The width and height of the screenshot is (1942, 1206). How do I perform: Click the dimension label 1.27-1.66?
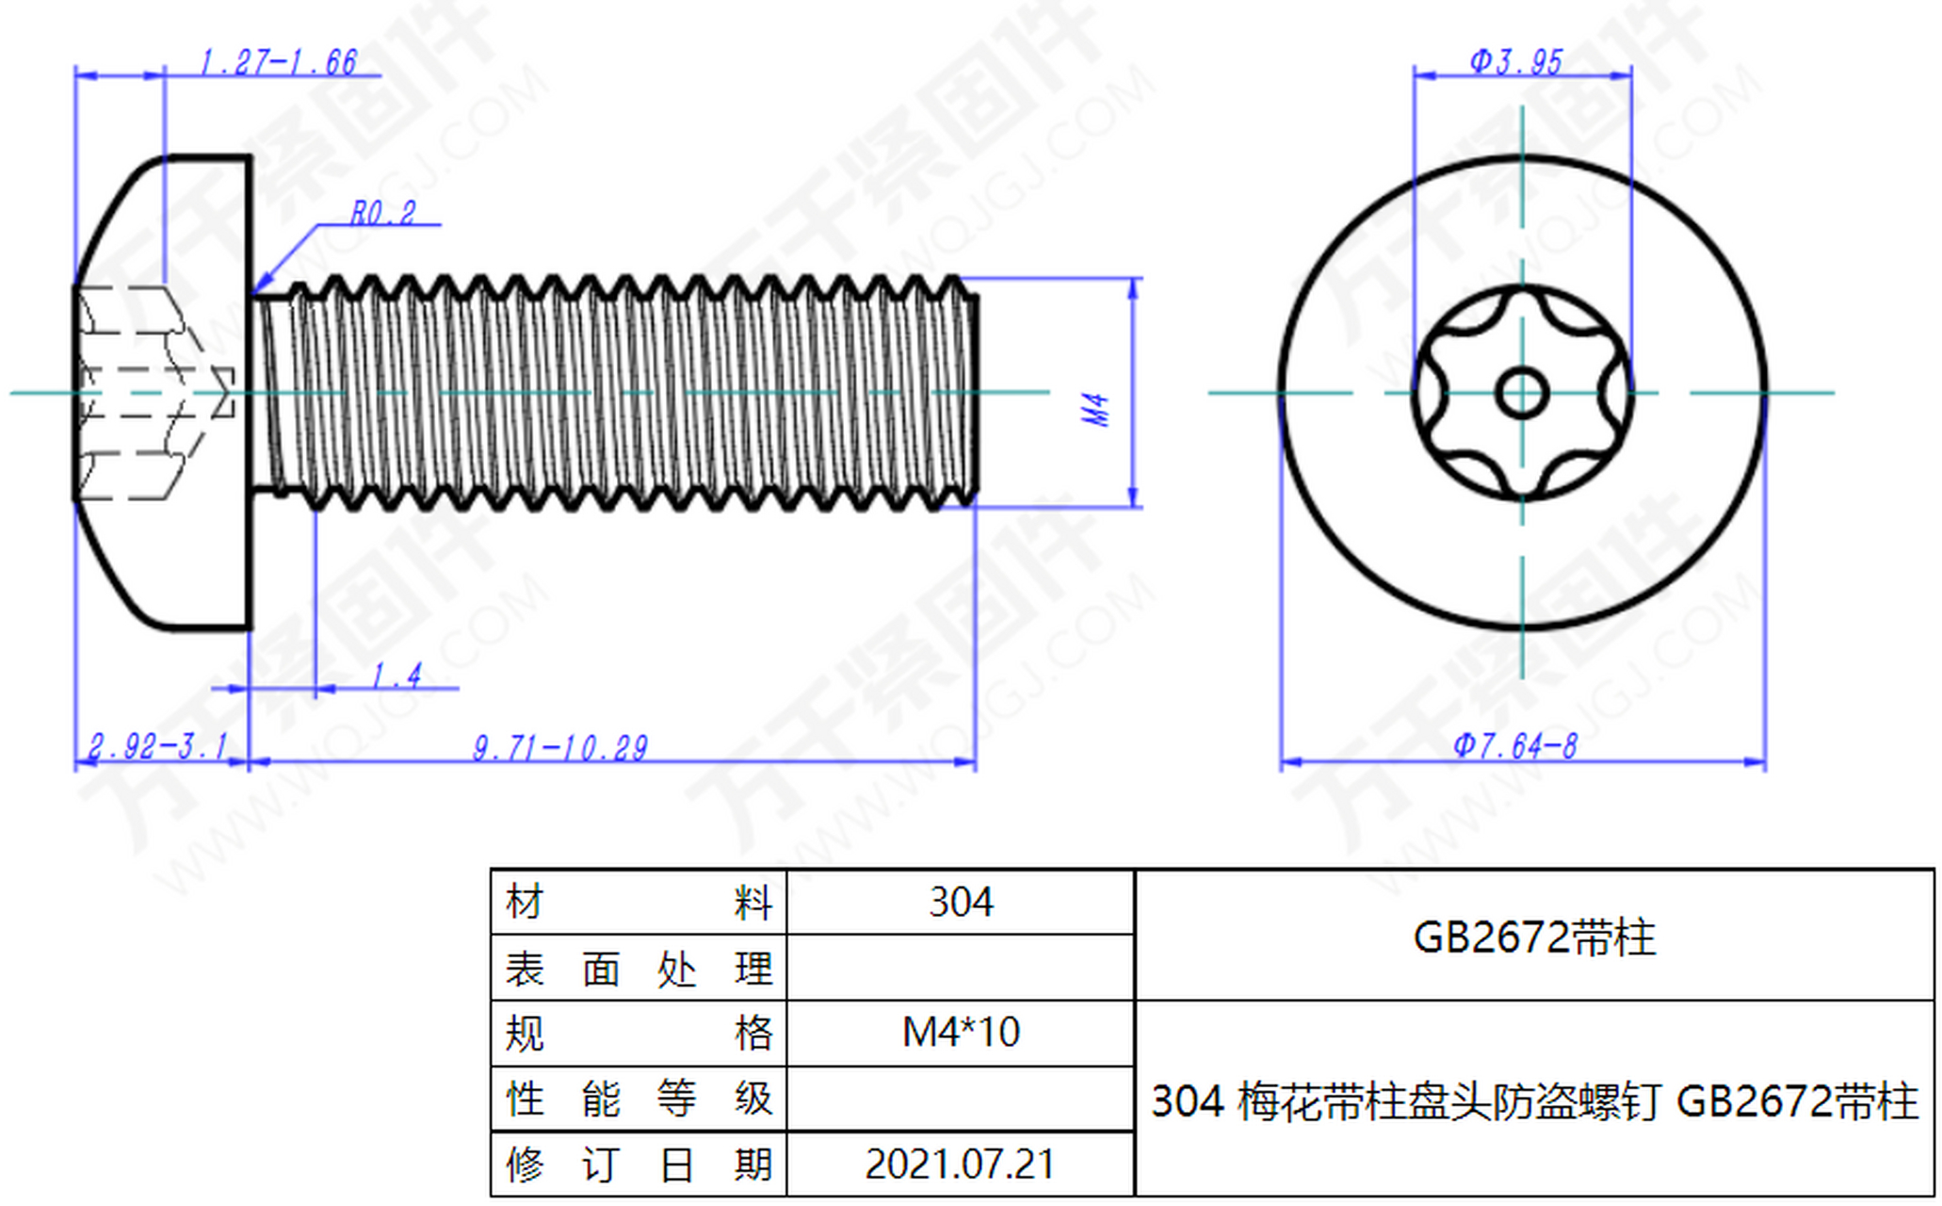278,62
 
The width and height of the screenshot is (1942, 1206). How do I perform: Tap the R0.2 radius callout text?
382,213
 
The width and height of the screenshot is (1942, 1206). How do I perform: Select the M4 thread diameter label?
1096,410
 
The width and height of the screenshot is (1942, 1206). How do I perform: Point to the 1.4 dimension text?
396,676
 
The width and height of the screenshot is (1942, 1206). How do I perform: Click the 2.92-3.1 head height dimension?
157,746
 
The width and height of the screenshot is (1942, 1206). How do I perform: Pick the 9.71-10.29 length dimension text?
560,748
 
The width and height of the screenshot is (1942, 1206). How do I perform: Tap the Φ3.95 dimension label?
1516,62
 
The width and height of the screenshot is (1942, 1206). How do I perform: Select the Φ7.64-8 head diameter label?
1514,746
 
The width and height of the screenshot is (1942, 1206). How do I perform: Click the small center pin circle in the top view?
1522,393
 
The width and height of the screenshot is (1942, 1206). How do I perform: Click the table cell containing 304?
960,903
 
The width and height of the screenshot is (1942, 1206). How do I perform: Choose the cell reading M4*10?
960,1033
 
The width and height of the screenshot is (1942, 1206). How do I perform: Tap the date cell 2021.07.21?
960,1165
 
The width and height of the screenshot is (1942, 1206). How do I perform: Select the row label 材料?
639,903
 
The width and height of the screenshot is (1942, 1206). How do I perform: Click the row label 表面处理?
639,969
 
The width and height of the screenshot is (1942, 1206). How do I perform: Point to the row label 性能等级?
639,1099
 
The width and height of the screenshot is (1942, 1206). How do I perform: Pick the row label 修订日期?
639,1165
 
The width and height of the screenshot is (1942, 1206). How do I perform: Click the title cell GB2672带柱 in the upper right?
1534,937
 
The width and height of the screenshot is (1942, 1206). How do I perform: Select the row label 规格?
639,1033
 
